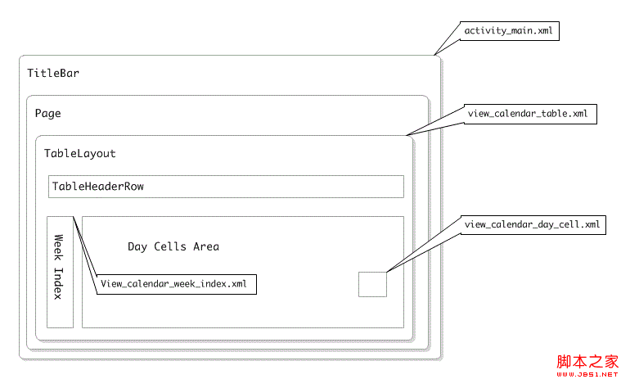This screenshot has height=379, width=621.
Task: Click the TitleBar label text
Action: pos(53,74)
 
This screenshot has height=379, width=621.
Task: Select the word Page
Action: pos(47,113)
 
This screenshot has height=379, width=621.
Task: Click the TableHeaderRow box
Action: pos(226,187)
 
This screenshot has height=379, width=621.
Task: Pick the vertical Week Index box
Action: pos(60,272)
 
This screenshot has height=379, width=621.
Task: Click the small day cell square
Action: pos(372,284)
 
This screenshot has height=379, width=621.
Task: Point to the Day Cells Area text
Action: pos(173,246)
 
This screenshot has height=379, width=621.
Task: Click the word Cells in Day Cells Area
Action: pos(170,246)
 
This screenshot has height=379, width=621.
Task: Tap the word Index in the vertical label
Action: pos(60,283)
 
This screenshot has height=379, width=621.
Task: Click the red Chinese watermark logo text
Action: pos(587,361)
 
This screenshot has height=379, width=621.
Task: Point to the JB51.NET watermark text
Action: pos(587,373)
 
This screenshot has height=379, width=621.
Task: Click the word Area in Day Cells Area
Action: pos(205,246)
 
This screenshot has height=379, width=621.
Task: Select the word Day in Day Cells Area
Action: pos(137,246)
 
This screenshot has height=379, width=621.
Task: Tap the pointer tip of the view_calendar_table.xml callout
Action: pos(406,135)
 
